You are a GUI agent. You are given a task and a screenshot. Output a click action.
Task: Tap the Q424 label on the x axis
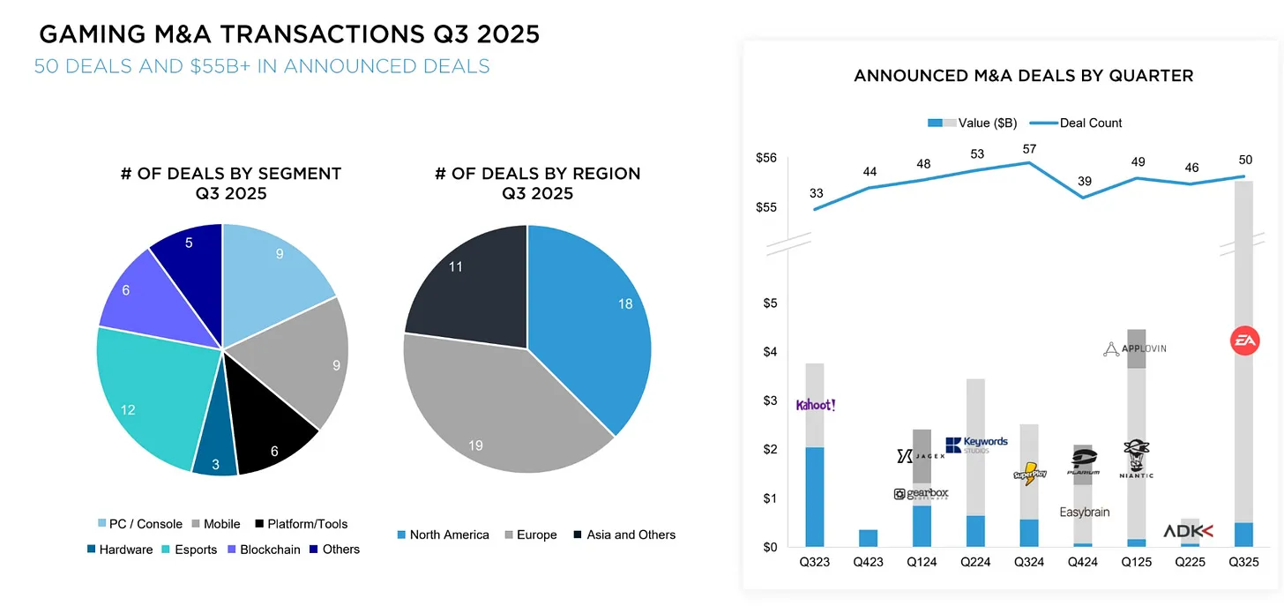[x=1082, y=561]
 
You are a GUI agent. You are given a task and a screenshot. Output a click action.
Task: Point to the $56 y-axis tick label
[x=765, y=158]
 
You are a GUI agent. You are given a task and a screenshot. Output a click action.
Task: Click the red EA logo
[x=1245, y=340]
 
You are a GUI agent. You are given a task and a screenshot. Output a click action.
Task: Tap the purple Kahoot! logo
[x=816, y=405]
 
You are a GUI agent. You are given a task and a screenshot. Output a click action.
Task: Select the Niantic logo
[x=1136, y=459]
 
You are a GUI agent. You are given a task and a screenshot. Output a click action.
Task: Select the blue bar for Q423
[x=868, y=538]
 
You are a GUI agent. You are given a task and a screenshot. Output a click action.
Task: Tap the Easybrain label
[x=1084, y=512]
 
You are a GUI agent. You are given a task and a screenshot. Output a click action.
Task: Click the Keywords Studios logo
[x=976, y=445]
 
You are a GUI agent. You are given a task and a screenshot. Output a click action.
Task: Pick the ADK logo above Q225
[x=1188, y=531]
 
